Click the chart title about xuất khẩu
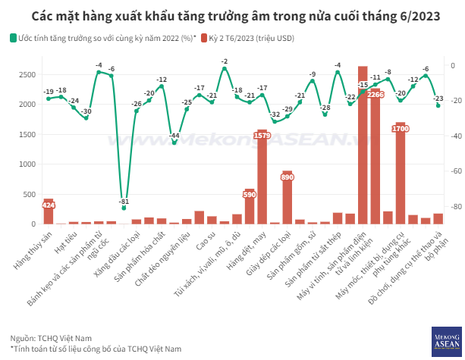click(232, 15)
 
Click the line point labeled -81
click(124, 207)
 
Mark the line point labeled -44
click(174, 142)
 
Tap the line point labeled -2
click(225, 68)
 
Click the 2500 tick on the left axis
click(25, 74)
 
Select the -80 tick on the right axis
click(452, 207)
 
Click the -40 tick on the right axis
click(452, 136)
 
